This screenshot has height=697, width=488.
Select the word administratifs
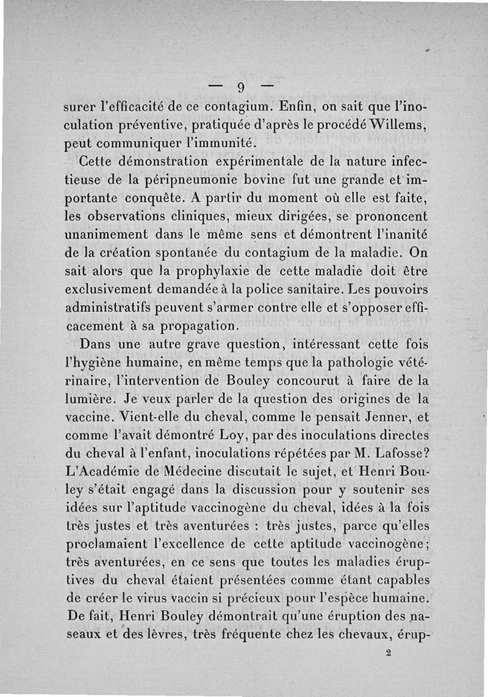[x=114, y=305]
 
